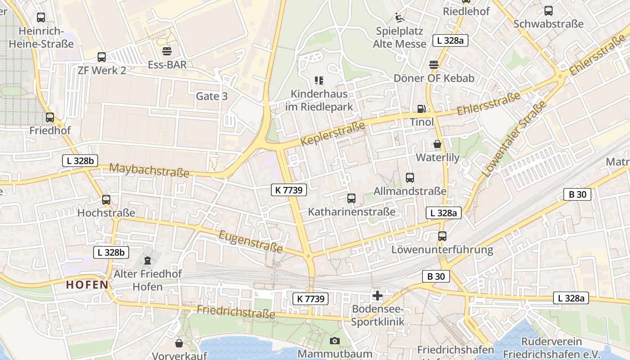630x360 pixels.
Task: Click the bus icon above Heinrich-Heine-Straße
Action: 41,18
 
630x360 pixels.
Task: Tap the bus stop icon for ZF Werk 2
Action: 102,57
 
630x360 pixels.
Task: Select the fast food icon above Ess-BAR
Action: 167,51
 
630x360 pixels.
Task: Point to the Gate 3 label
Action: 211,96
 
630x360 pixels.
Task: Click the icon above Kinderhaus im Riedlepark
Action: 319,81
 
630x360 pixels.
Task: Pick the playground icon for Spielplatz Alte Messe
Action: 400,18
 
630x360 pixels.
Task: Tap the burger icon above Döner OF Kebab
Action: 434,64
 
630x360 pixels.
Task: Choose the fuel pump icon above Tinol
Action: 422,108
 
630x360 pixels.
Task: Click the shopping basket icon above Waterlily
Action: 437,144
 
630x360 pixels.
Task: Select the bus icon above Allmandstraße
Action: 409,177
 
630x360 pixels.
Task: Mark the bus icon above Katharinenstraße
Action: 351,198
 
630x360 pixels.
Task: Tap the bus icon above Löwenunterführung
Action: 442,236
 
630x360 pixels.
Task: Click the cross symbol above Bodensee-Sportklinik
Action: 377,296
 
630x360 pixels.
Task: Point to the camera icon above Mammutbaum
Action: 335,341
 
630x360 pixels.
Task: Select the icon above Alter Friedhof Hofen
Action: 147,260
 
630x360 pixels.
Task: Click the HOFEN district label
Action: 87,284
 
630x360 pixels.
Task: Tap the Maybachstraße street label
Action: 149,171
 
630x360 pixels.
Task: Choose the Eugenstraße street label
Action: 251,241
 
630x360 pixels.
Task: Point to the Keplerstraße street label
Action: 333,133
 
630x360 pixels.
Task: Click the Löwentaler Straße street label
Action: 513,139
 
